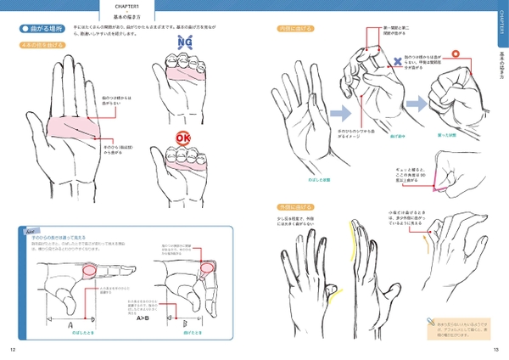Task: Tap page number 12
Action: pos(13,349)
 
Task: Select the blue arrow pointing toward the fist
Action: pos(417,103)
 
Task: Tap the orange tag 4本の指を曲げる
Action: pos(42,45)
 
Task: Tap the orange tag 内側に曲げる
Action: pos(293,29)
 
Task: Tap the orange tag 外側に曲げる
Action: pos(293,206)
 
